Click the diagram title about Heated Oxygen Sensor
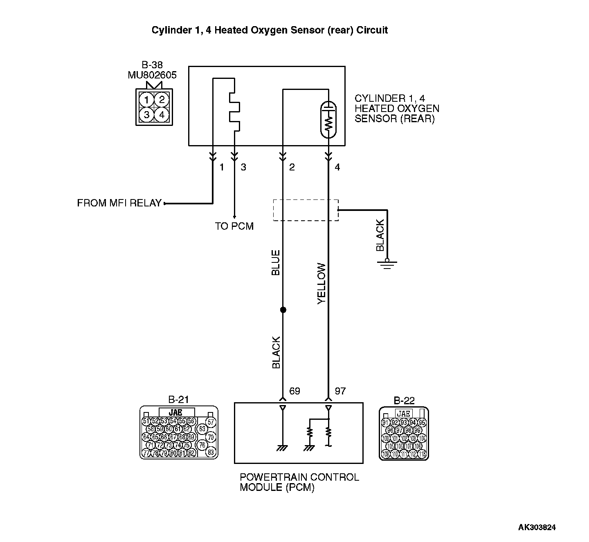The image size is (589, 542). pyautogui.click(x=270, y=30)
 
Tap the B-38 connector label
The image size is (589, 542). pyautogui.click(x=152, y=65)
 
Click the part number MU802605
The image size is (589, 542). pyautogui.click(x=152, y=75)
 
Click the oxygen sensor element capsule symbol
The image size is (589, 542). pyautogui.click(x=328, y=119)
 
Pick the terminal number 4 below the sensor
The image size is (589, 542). pyautogui.click(x=337, y=167)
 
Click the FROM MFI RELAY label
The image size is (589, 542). pyautogui.click(x=119, y=203)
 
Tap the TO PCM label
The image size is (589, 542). pyautogui.click(x=234, y=226)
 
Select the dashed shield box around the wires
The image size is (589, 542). pyautogui.click(x=306, y=210)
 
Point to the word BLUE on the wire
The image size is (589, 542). pyautogui.click(x=276, y=262)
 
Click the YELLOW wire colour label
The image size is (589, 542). pyautogui.click(x=322, y=283)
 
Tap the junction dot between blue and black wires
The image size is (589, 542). pyautogui.click(x=283, y=310)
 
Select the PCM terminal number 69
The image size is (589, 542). pyautogui.click(x=294, y=391)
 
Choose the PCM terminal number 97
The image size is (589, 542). pyautogui.click(x=340, y=391)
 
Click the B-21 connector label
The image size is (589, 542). pyautogui.click(x=179, y=399)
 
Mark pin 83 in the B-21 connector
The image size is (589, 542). pyautogui.click(x=211, y=452)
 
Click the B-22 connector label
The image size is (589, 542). pyautogui.click(x=404, y=401)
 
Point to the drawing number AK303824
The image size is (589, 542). pyautogui.click(x=537, y=527)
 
